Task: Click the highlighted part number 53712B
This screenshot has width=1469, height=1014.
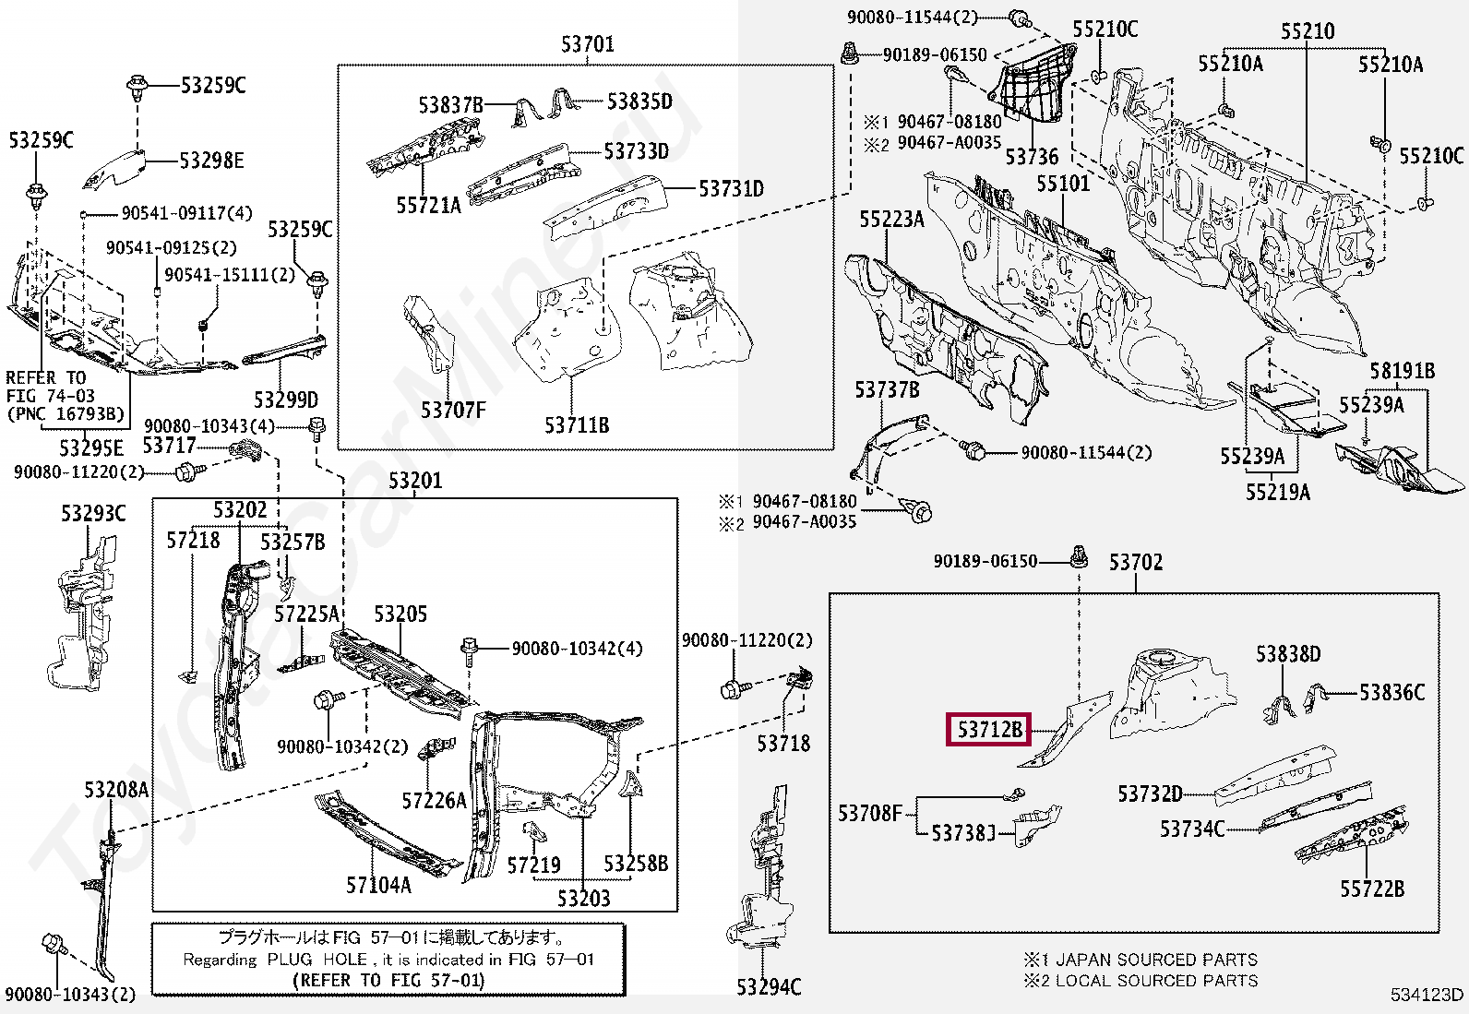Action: click(989, 730)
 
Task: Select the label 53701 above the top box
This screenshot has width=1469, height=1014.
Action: click(587, 43)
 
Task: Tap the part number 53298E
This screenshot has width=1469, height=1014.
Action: click(211, 161)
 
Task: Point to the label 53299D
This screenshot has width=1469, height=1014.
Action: click(286, 400)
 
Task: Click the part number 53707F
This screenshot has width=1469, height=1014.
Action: click(452, 410)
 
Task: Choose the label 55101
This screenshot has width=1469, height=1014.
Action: click(1063, 184)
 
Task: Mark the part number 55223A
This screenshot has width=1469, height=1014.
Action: click(891, 219)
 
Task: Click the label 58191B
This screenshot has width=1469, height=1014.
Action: click(1402, 371)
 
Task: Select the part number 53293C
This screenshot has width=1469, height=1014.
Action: click(93, 513)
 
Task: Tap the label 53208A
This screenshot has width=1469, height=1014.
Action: click(116, 790)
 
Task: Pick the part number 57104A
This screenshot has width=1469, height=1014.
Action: click(378, 886)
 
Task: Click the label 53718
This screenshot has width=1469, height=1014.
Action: click(783, 744)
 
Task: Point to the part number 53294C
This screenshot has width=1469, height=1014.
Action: click(769, 987)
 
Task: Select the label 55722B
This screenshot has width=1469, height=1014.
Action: click(1372, 889)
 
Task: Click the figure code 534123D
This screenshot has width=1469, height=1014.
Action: click(1427, 995)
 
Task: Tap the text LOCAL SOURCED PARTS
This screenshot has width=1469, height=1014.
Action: click(1156, 981)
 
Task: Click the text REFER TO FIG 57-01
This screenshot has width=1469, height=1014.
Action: click(388, 980)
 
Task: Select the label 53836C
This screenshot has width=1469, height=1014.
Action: click(1392, 692)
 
